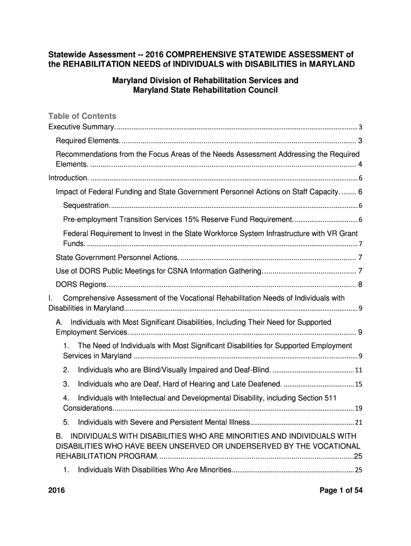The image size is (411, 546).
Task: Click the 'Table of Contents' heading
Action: coord(82,116)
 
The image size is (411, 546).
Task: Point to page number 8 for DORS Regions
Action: coord(360,284)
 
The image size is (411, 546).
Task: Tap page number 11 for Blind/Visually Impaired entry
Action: coord(359,370)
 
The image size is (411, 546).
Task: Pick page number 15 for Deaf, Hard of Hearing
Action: coord(359,384)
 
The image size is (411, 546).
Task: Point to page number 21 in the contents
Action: coord(359,422)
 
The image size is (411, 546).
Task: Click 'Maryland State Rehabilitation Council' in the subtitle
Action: coord(205,91)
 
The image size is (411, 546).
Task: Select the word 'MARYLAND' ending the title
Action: coord(330,64)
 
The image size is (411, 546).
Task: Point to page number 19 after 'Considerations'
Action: coord(359,408)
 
